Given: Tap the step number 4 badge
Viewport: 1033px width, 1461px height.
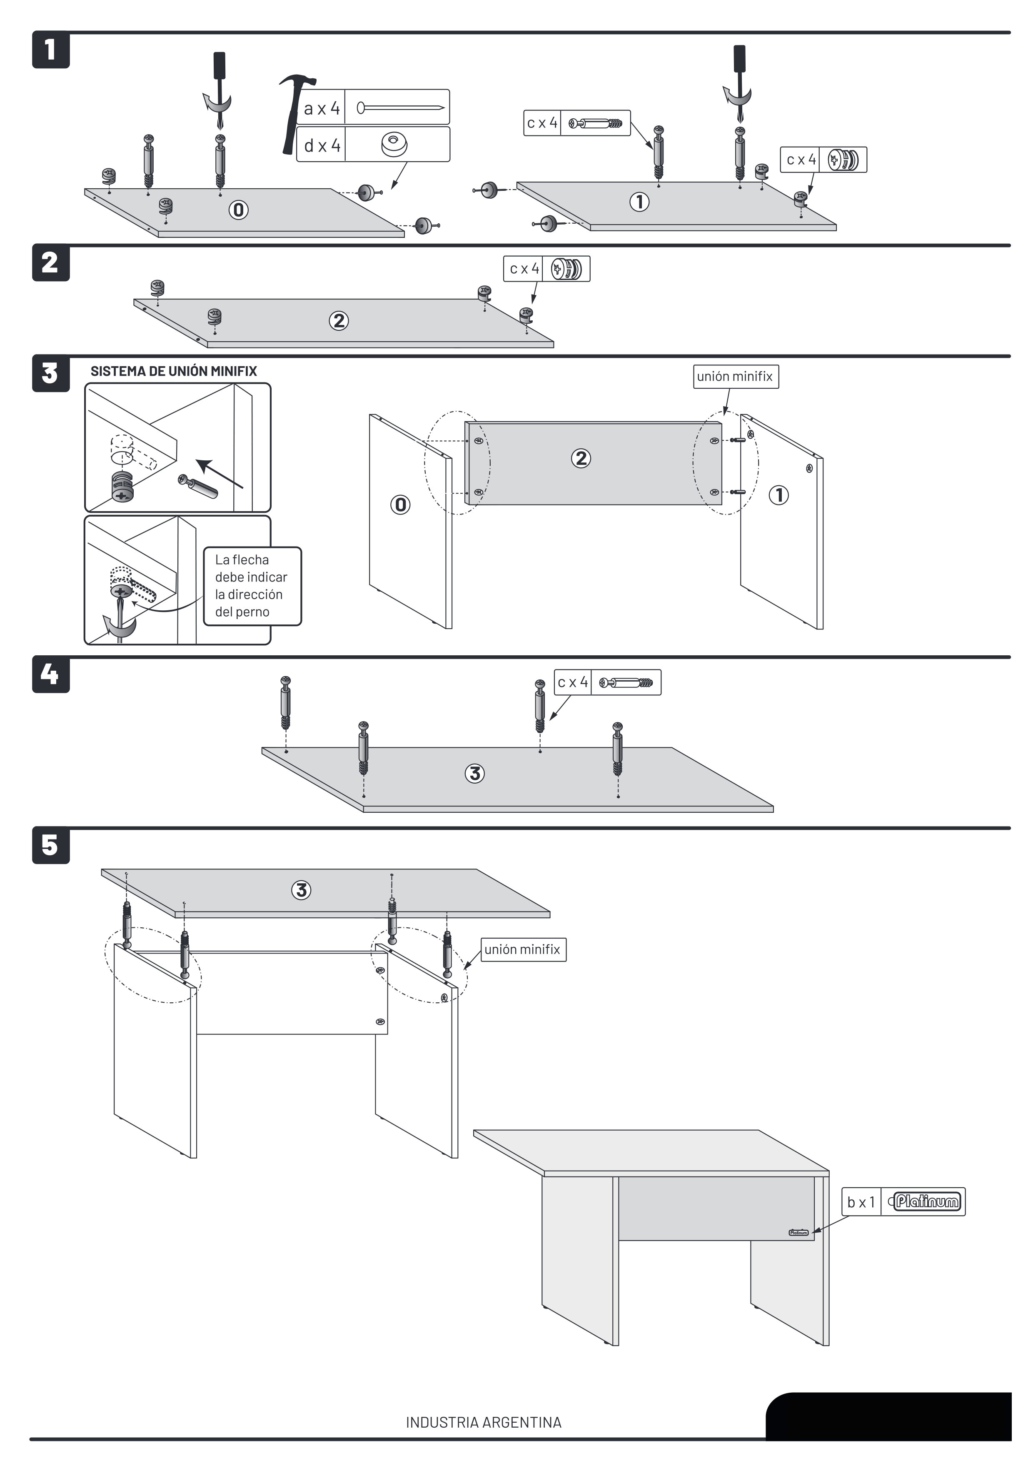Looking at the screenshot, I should [50, 674].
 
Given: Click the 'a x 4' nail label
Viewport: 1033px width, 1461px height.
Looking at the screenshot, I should [322, 108].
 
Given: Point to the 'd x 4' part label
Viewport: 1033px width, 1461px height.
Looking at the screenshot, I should [322, 146].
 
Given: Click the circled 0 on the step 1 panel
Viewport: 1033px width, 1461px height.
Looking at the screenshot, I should [239, 210].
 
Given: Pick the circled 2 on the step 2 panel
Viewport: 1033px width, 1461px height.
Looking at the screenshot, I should [339, 321].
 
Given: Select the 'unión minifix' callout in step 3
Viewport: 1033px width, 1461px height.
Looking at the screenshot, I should [735, 377].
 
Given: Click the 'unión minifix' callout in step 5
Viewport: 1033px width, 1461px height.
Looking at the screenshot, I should [523, 949].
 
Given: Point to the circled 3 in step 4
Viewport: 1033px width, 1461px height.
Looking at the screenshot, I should [474, 774].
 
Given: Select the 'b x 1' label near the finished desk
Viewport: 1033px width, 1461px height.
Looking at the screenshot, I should [861, 1202].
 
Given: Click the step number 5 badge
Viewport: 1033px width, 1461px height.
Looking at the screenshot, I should [50, 846].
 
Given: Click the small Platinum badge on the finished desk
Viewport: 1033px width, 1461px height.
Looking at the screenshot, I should [798, 1233].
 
